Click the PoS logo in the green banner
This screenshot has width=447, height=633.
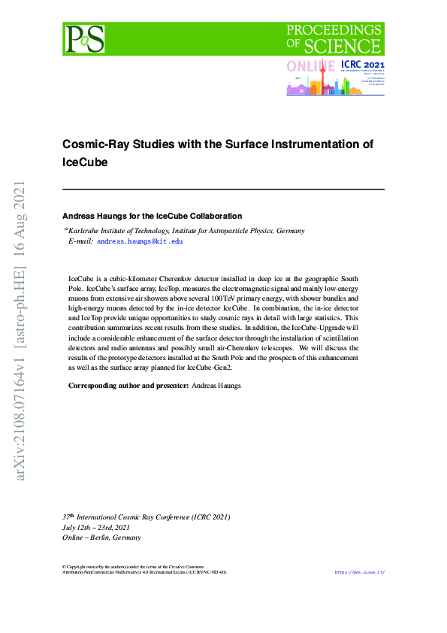coord(83,38)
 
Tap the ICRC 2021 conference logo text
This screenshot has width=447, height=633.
coord(362,66)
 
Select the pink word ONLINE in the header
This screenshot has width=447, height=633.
coord(311,67)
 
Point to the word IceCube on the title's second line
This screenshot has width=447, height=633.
coord(84,162)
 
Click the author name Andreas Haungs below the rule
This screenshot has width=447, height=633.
coord(98,216)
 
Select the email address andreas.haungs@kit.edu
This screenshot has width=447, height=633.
coord(140,241)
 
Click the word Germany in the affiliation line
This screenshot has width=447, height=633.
coord(290,231)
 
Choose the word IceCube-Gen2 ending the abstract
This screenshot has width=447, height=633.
coord(210,368)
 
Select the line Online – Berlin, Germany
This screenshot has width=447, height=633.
coord(101,538)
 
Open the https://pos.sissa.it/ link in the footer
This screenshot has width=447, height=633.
coord(359,572)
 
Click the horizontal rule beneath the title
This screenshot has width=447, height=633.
coord(223,189)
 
